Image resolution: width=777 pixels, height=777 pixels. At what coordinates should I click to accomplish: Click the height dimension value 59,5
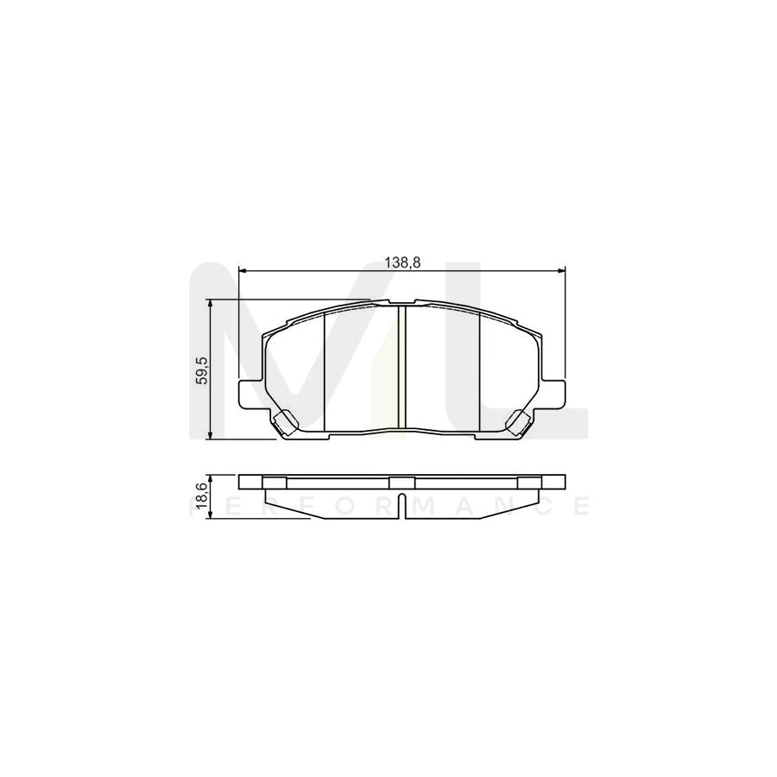tap(201, 370)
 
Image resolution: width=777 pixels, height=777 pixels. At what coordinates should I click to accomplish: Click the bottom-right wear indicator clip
tap(520, 422)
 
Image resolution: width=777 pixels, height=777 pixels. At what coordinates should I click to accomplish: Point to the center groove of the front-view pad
tap(401, 367)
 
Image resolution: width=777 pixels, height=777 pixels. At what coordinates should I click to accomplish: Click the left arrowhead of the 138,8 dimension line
tap(243, 270)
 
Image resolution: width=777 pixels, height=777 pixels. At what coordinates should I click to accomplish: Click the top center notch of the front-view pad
tap(401, 302)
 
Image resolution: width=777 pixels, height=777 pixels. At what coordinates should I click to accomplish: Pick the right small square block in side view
tap(529, 482)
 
